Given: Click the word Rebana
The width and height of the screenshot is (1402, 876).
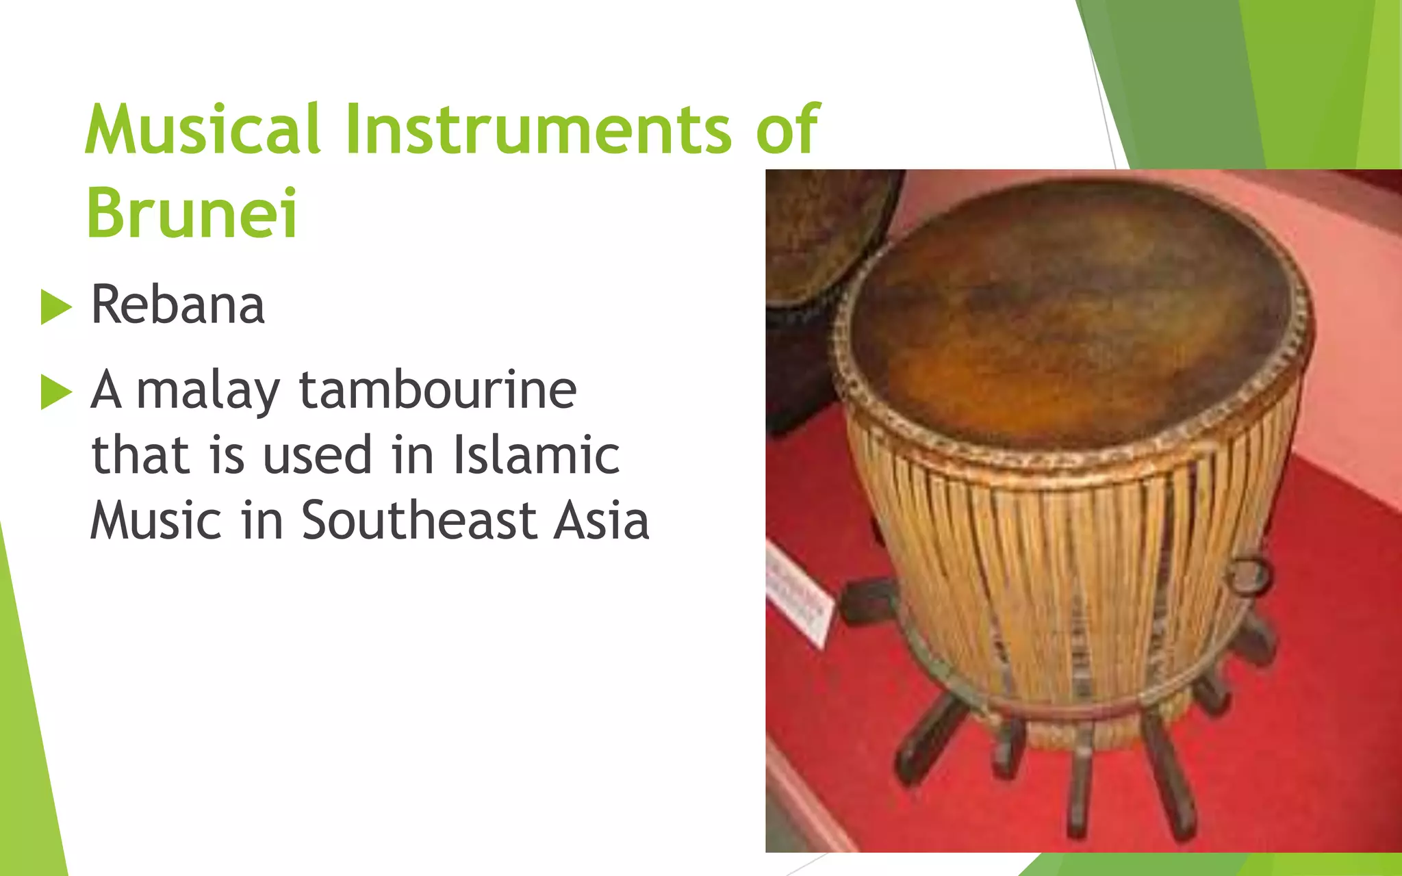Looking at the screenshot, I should click(177, 305).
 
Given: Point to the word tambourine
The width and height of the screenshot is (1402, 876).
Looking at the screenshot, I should click(438, 390).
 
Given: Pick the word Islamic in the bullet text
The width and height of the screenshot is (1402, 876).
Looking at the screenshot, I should click(536, 455).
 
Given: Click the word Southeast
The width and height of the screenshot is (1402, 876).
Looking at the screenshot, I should click(418, 520).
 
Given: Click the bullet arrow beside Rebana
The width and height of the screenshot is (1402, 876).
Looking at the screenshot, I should click(55, 307).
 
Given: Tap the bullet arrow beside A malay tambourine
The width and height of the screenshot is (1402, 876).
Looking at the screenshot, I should click(55, 391).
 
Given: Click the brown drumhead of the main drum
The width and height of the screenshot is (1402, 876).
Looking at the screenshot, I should click(1068, 315).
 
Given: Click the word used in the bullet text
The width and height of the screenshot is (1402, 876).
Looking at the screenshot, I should click(317, 455).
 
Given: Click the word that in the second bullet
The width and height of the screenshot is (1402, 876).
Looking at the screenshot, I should click(140, 455).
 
